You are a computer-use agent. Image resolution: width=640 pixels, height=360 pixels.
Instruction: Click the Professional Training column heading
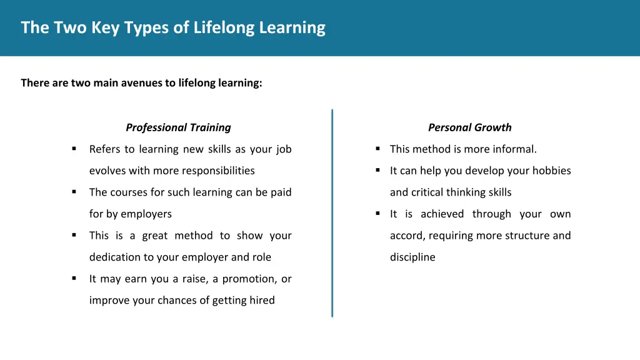tap(178, 127)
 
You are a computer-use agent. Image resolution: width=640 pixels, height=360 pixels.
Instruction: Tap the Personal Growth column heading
tap(469, 127)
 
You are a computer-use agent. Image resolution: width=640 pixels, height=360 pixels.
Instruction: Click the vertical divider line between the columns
tap(332, 212)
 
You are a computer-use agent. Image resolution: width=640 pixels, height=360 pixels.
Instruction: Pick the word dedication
tap(114, 257)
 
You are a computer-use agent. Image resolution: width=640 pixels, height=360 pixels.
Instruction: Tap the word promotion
tap(246, 279)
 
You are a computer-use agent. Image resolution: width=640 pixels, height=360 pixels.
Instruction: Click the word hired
tap(261, 300)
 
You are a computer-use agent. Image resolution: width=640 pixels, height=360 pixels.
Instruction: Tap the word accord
tap(406, 236)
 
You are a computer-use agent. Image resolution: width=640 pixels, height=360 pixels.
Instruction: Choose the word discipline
tap(412, 257)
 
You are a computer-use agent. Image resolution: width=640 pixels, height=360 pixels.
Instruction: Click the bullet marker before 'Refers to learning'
tap(74, 149)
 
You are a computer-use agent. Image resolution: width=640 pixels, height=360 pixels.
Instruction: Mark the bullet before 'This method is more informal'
tap(378, 149)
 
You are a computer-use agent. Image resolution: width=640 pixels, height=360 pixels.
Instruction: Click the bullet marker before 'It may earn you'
tap(74, 278)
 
